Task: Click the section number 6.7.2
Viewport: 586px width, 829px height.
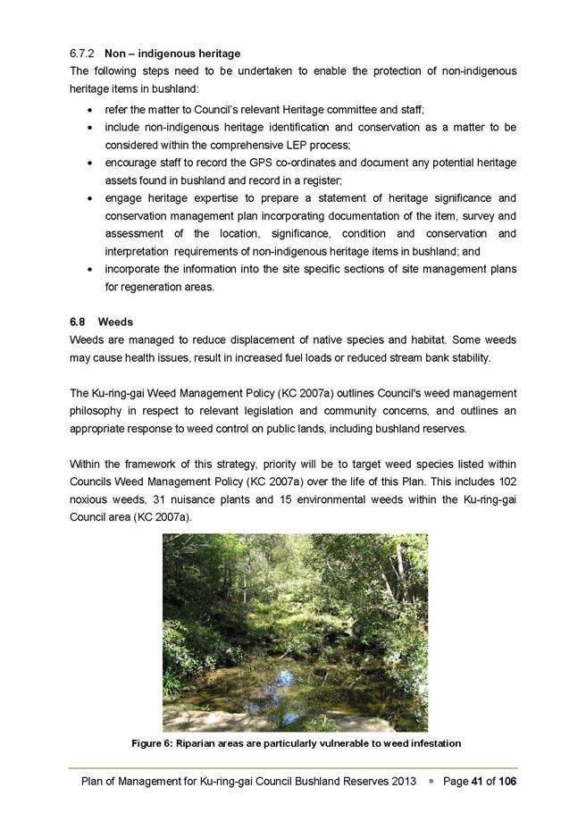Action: (83, 54)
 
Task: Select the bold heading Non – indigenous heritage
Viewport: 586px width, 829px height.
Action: (172, 54)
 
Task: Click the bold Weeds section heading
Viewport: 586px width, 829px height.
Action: (114, 322)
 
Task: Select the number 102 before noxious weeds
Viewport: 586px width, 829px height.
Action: (506, 499)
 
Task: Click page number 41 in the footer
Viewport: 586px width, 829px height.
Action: (479, 782)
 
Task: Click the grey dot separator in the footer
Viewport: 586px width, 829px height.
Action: (431, 782)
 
